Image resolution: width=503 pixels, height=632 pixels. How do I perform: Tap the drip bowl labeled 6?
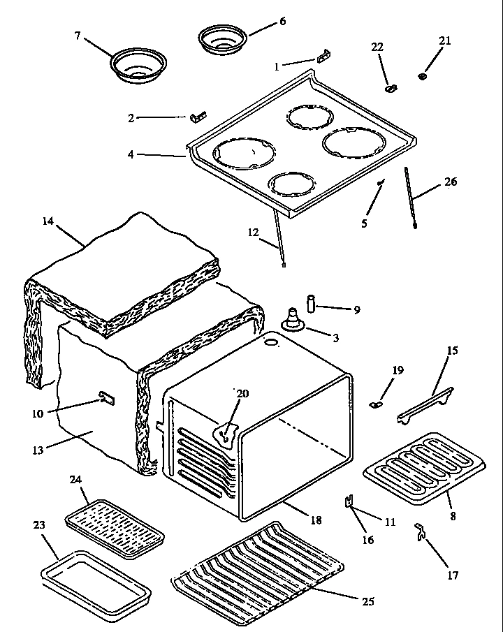pos(221,39)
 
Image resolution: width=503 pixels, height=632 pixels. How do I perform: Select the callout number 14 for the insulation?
pos(48,221)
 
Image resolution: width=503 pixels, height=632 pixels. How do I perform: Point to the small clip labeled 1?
pos(323,57)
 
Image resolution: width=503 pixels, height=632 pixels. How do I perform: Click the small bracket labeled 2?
pos(198,115)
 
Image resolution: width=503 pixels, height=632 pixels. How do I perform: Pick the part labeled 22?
pos(391,88)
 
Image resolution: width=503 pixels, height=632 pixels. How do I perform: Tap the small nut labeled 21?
pos(423,75)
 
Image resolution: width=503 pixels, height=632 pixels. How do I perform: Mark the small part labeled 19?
pos(377,402)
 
